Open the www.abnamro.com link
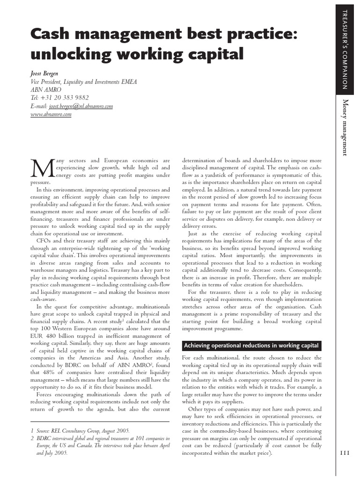click(x=51, y=114)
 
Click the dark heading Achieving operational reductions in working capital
click(x=252, y=346)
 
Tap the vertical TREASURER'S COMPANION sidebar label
click(x=345, y=49)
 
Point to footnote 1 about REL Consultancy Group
click(x=80, y=430)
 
